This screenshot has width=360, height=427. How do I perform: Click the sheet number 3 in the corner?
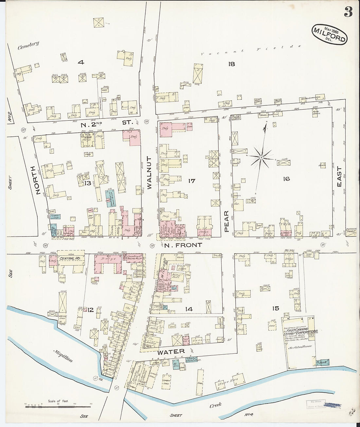[348, 12]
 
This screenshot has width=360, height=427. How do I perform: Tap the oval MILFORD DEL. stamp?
[329, 34]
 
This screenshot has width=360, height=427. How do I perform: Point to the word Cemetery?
[28, 45]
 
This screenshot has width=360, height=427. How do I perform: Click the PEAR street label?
[226, 222]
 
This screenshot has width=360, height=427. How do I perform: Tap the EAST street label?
[339, 177]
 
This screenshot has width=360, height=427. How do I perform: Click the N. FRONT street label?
[183, 245]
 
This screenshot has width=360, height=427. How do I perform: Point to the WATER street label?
[171, 352]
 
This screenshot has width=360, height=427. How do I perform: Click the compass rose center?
[261, 158]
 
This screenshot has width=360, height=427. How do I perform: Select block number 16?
[286, 179]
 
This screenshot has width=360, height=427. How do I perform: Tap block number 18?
[231, 64]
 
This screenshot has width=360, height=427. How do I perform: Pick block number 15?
[275, 308]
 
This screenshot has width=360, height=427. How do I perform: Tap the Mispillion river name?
[63, 355]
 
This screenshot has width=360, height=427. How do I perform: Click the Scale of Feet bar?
[58, 406]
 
